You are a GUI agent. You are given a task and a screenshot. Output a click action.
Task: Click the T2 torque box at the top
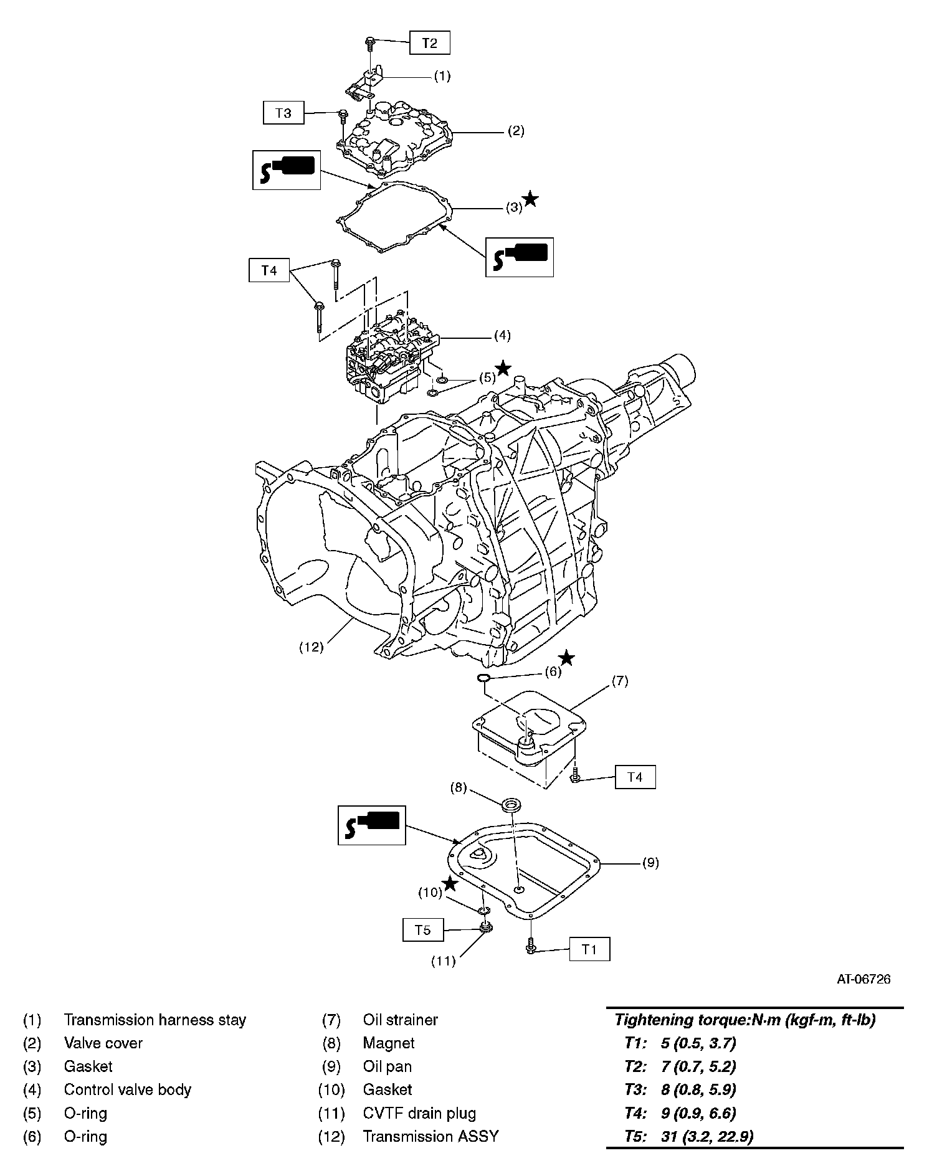429,43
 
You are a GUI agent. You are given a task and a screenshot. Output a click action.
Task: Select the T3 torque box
283,113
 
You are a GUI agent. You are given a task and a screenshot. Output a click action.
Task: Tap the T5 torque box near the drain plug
422,930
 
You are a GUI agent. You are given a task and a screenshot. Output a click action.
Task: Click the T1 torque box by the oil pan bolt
589,950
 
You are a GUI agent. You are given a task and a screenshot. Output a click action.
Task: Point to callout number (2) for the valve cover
515,131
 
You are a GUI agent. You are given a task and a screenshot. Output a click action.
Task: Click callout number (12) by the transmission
311,647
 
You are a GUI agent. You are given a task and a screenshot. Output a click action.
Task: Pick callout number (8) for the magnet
458,787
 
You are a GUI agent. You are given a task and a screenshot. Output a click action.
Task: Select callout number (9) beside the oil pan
650,863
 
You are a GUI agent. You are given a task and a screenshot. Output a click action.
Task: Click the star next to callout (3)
531,199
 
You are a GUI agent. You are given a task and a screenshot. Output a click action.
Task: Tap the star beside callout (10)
449,883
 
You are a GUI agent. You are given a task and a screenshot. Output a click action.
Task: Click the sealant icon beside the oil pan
371,825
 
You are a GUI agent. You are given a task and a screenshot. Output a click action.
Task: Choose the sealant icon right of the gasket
520,257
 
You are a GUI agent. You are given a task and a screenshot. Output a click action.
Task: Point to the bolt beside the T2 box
370,42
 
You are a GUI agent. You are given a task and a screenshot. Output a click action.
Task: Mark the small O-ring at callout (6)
483,678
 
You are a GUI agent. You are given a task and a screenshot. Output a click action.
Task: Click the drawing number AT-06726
863,979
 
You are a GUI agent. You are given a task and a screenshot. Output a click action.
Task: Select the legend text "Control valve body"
127,1089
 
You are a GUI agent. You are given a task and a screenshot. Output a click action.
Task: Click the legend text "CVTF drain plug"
419,1113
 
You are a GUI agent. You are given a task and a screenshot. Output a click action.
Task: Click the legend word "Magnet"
388,1043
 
